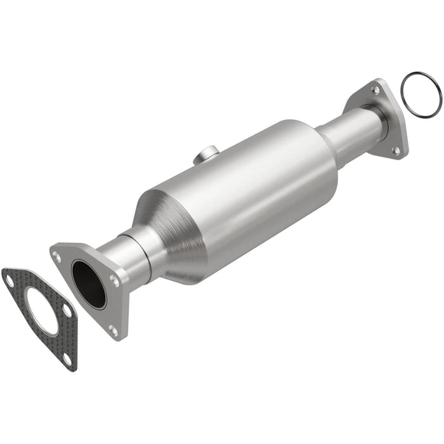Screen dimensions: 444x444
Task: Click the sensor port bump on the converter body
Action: [x=207, y=154]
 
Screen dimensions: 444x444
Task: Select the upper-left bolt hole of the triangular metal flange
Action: [x=58, y=256]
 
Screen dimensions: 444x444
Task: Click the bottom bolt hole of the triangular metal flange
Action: [x=113, y=329]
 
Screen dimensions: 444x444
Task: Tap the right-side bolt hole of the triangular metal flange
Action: [x=114, y=279]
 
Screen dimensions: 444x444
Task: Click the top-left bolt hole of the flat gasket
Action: [x=9, y=277]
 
